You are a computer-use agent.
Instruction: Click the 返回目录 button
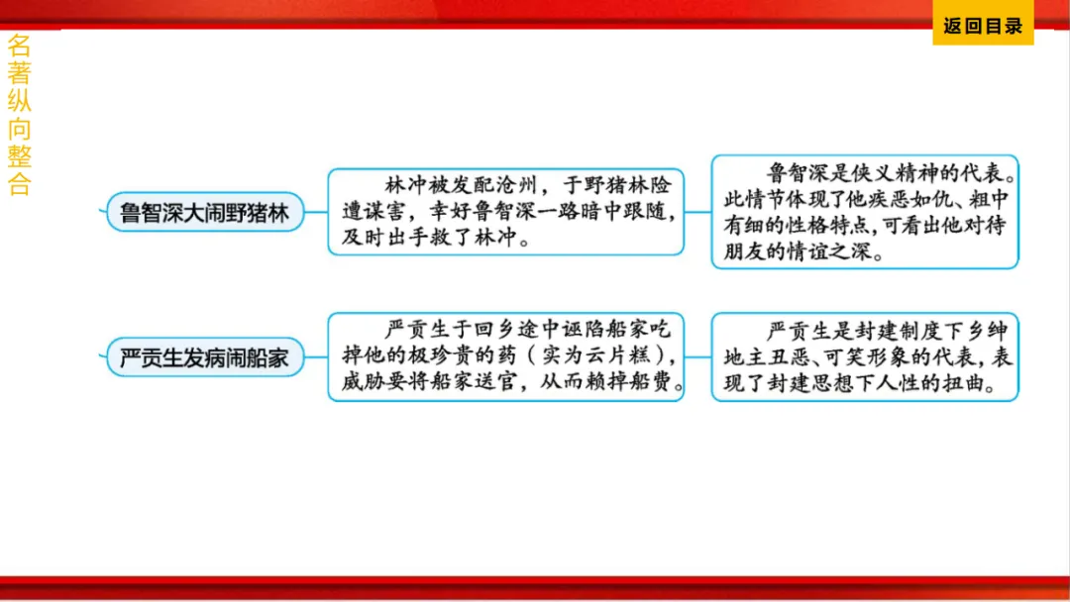(x=982, y=27)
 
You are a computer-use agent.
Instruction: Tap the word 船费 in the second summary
(x=656, y=383)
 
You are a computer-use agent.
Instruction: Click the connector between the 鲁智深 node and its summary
(x=315, y=211)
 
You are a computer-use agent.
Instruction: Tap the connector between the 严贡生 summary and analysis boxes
(x=698, y=356)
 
